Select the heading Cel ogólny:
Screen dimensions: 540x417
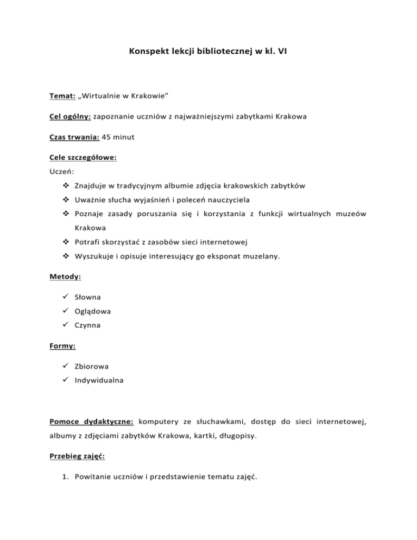click(x=69, y=117)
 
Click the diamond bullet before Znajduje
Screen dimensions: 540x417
click(x=66, y=186)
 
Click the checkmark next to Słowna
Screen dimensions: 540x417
click(x=66, y=298)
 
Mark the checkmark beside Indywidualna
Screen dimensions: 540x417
click(x=66, y=381)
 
